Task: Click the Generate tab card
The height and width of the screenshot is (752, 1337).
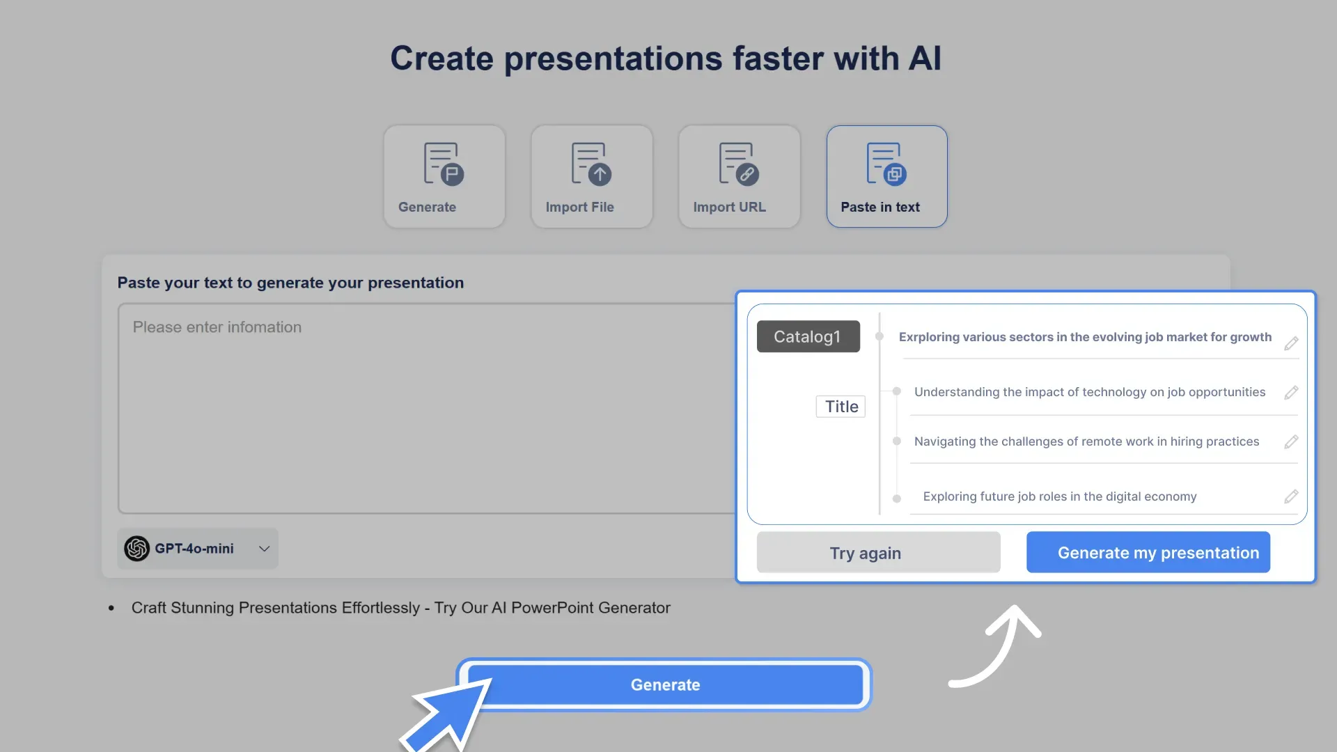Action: pyautogui.click(x=444, y=177)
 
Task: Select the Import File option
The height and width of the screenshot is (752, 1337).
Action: pyautogui.click(x=591, y=177)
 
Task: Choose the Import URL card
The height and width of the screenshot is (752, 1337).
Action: pyautogui.click(x=739, y=177)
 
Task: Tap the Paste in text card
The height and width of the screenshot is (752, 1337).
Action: pyautogui.click(x=886, y=177)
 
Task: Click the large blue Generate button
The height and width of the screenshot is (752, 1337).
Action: pyautogui.click(x=665, y=684)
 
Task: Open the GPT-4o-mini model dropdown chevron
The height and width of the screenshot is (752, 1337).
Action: pyautogui.click(x=264, y=549)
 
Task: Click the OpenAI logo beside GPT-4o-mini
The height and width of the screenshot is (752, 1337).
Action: pyautogui.click(x=137, y=549)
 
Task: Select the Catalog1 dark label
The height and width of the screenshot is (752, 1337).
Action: pyautogui.click(x=808, y=336)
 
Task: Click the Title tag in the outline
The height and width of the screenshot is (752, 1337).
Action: pyautogui.click(x=840, y=407)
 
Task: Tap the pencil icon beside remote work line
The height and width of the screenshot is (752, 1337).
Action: pyautogui.click(x=1291, y=442)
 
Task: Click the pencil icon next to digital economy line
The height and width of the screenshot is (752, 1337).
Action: pyautogui.click(x=1291, y=496)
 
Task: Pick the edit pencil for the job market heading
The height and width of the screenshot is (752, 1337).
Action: pyautogui.click(x=1291, y=343)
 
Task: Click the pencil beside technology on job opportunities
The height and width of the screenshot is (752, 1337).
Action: pyautogui.click(x=1291, y=393)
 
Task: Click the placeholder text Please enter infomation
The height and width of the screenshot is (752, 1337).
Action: pyautogui.click(x=217, y=327)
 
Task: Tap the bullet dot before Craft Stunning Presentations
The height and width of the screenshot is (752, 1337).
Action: pyautogui.click(x=111, y=609)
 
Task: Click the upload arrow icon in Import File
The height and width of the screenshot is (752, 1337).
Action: pyautogui.click(x=600, y=174)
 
